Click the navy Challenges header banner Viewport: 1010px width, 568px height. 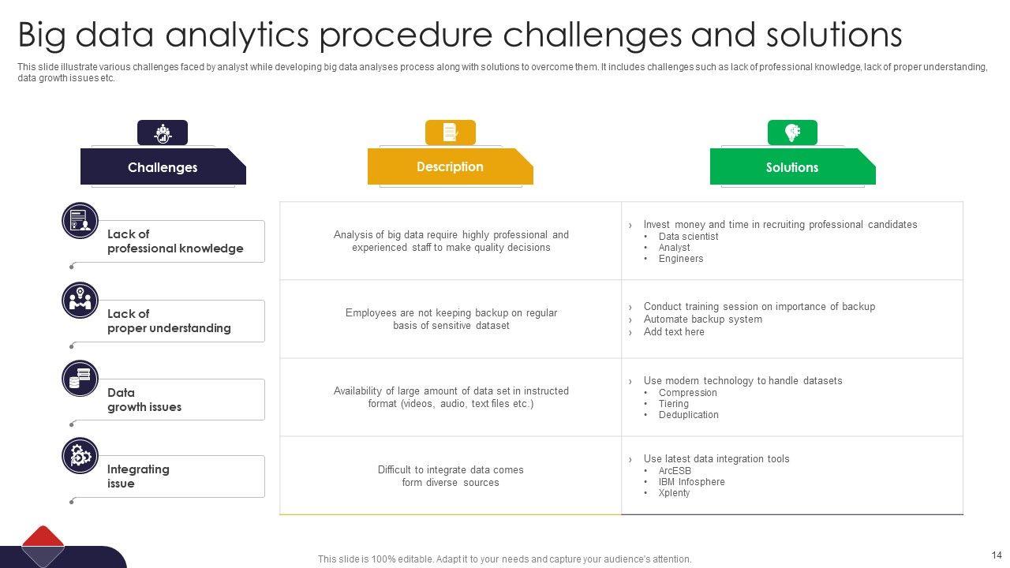163,166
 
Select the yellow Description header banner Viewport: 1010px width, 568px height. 450,166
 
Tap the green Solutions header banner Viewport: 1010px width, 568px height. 792,166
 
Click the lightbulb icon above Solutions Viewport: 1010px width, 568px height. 792,133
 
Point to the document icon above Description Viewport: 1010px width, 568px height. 451,133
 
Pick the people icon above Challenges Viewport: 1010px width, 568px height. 163,133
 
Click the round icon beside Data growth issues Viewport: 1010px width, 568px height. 80,378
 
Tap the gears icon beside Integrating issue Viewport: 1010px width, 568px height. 80,456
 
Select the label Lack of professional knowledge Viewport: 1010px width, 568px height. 175,241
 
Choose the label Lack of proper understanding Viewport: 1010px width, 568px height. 169,321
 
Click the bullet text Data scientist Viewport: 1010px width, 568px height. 688,236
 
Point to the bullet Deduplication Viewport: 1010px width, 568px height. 689,415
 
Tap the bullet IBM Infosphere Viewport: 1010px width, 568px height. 692,482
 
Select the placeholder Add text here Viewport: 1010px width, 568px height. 674,332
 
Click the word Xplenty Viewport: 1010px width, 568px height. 674,493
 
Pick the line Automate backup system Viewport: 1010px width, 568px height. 702,319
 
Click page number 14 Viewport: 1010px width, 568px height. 997,555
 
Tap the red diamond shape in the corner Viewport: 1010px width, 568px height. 43,536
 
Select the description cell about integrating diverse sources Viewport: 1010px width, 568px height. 451,476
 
